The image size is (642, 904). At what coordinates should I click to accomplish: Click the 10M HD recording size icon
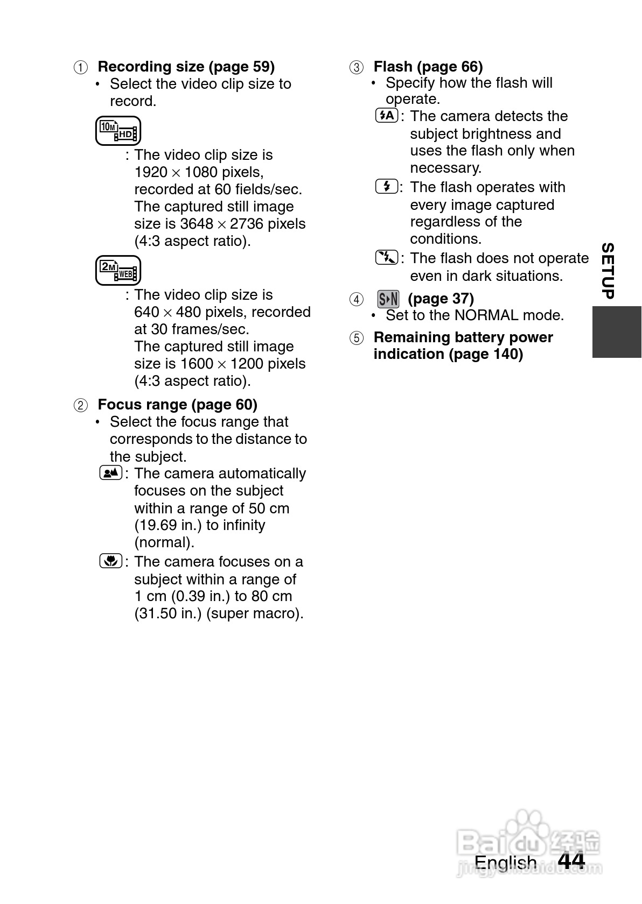pyautogui.click(x=118, y=131)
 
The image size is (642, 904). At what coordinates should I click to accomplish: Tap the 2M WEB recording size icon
pyautogui.click(x=118, y=270)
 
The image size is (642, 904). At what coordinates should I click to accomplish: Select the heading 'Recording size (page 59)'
pyautogui.click(x=186, y=67)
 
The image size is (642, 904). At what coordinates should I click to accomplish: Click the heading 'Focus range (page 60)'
pyautogui.click(x=177, y=405)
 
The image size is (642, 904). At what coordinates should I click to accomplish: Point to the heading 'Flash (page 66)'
pyautogui.click(x=428, y=67)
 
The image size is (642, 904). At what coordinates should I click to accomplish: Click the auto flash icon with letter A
pyautogui.click(x=387, y=116)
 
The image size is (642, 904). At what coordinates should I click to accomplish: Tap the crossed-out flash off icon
pyautogui.click(x=387, y=258)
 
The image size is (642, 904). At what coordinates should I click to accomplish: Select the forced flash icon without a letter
pyautogui.click(x=387, y=187)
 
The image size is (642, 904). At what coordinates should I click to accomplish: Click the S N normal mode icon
pyautogui.click(x=388, y=299)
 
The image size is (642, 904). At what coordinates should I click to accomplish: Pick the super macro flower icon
pyautogui.click(x=111, y=561)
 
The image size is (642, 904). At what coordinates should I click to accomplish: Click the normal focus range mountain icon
pyautogui.click(x=111, y=474)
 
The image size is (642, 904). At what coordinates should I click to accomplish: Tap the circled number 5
pyautogui.click(x=357, y=338)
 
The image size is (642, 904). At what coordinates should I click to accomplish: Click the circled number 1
pyautogui.click(x=80, y=68)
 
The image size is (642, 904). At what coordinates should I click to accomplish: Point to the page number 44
pyautogui.click(x=571, y=861)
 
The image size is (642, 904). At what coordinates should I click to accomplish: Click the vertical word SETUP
pyautogui.click(x=608, y=271)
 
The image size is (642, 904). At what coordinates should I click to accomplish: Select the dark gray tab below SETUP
pyautogui.click(x=617, y=331)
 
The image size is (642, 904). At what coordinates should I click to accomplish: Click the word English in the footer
pyautogui.click(x=505, y=863)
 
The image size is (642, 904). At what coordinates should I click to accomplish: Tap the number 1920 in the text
pyautogui.click(x=151, y=172)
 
